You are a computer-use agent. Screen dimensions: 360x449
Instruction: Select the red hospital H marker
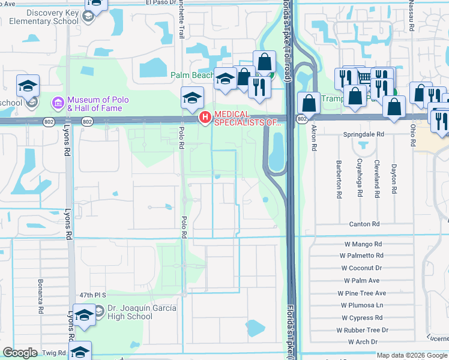[205, 117]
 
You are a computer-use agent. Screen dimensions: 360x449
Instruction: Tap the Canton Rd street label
[364, 224]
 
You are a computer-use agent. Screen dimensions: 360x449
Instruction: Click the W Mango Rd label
[363, 244]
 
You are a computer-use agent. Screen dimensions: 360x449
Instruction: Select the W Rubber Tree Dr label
[363, 330]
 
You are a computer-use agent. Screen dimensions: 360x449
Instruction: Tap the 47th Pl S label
[92, 295]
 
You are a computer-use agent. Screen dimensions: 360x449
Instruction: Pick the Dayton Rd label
[394, 179]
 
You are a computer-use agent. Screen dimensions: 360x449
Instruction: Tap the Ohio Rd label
[412, 135]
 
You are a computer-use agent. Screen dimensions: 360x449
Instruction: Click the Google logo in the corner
[20, 353]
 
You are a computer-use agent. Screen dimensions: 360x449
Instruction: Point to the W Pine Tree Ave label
[365, 293]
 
